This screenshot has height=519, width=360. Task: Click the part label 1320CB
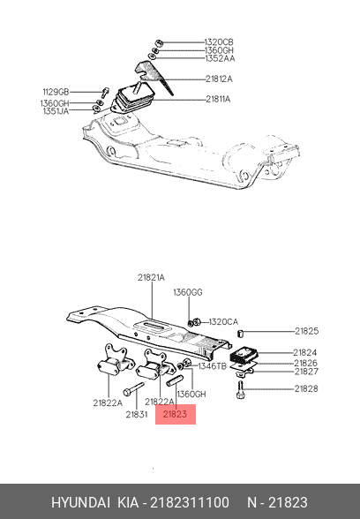[x=219, y=42]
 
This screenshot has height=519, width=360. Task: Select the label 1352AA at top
[x=220, y=58]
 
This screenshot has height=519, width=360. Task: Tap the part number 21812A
[x=219, y=79]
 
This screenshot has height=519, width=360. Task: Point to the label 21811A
[x=218, y=99]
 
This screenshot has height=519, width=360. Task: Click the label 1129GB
[x=56, y=92]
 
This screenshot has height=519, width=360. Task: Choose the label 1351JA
[x=56, y=111]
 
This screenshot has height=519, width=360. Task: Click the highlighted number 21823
[x=175, y=414]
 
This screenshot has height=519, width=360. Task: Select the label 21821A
[x=151, y=277]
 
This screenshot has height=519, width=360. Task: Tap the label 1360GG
[x=188, y=292]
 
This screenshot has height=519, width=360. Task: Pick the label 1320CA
[x=223, y=321]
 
